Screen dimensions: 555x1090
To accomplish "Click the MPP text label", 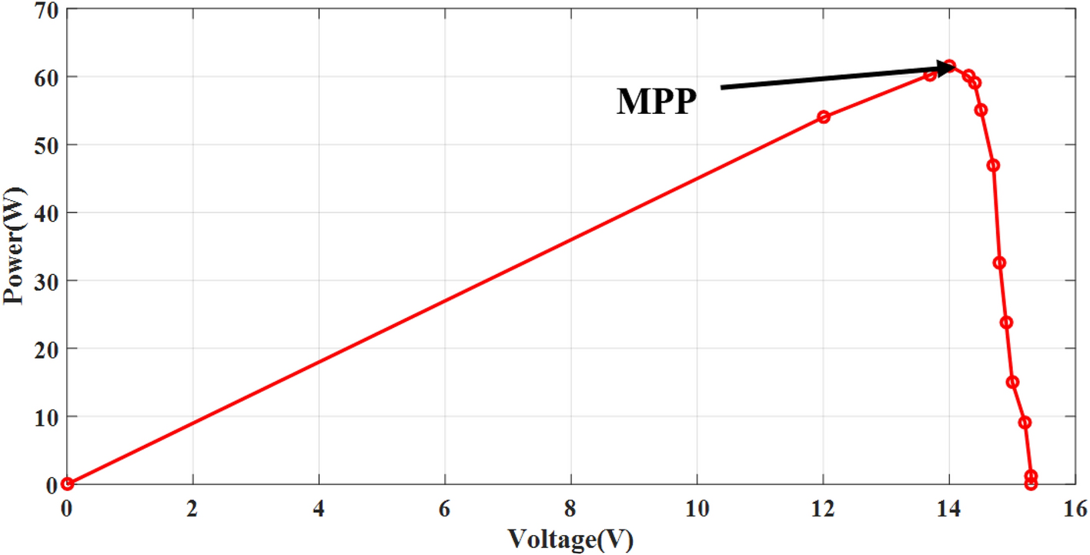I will pyautogui.click(x=657, y=102).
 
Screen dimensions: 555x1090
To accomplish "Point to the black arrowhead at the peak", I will pyautogui.click(x=945, y=68).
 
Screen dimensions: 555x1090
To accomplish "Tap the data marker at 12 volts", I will pyautogui.click(x=824, y=117).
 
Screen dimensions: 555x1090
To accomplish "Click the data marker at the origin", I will pyautogui.click(x=68, y=483).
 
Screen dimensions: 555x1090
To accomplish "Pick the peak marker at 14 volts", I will pyautogui.click(x=950, y=65).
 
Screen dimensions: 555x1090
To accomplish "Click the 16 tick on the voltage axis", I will pyautogui.click(x=1075, y=509).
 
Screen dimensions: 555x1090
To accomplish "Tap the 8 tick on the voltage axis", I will pyautogui.click(x=570, y=509).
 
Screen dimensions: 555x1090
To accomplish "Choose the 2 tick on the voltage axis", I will pyautogui.click(x=192, y=509).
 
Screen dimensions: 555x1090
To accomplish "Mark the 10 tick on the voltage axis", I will pyautogui.click(x=697, y=509).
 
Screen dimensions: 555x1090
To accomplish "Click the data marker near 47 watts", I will pyautogui.click(x=993, y=165).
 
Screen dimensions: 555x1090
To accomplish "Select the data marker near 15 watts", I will pyautogui.click(x=1013, y=383).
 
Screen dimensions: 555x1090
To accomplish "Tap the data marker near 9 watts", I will pyautogui.click(x=1025, y=423).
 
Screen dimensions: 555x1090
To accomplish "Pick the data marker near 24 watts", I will pyautogui.click(x=1006, y=323).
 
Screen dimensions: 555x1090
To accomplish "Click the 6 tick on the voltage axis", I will pyautogui.click(x=444, y=509).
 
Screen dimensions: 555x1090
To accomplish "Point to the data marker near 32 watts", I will pyautogui.click(x=999, y=263).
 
